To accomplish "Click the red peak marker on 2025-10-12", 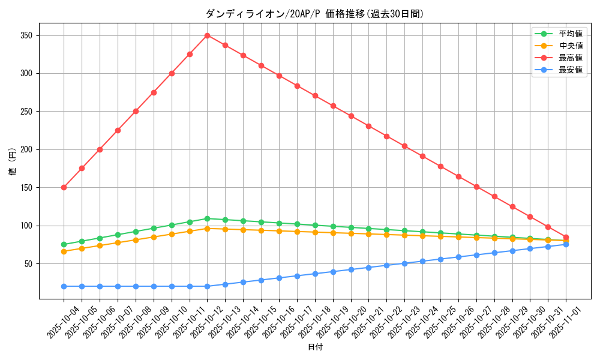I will (x=207, y=35).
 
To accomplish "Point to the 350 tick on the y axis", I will (x=26, y=35).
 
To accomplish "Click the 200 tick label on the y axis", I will (x=26, y=149).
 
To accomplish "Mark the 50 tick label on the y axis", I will (x=28, y=263).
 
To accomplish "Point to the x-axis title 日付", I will (x=315, y=347).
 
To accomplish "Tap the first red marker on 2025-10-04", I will (x=64, y=187).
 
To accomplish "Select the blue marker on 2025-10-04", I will (x=64, y=286).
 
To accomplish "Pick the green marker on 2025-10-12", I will (x=207, y=218).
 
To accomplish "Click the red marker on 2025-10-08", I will (x=136, y=111).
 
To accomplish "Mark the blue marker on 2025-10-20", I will (x=351, y=269).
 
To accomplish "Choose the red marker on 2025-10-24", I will (x=422, y=156).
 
